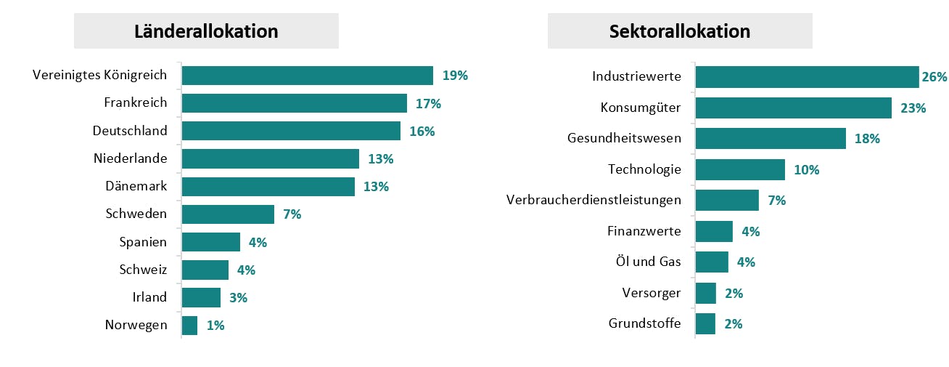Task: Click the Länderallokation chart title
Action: pyautogui.click(x=206, y=32)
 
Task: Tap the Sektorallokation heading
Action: pyautogui.click(x=680, y=32)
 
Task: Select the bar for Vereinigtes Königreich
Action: pyautogui.click(x=307, y=76)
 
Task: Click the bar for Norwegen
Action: pyautogui.click(x=189, y=326)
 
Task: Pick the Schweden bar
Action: pyautogui.click(x=228, y=214)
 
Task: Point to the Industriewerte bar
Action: pyautogui.click(x=807, y=77)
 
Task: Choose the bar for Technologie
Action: pyautogui.click(x=740, y=170)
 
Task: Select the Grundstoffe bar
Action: pyautogui.click(x=705, y=324)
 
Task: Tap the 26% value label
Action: pyautogui.click(x=935, y=77)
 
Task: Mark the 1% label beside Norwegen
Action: pyautogui.click(x=215, y=326)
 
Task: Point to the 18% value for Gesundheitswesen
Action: pyautogui.click(x=867, y=139)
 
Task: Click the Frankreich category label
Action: pyautogui.click(x=136, y=102)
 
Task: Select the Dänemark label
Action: pyautogui.click(x=136, y=186)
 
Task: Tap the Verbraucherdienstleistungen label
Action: pyautogui.click(x=593, y=200)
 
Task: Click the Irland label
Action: pyautogui.click(x=149, y=297)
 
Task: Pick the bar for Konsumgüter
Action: pyautogui.click(x=793, y=108)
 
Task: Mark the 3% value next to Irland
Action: pyautogui.click(x=238, y=297)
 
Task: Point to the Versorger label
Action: pyautogui.click(x=652, y=293)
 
